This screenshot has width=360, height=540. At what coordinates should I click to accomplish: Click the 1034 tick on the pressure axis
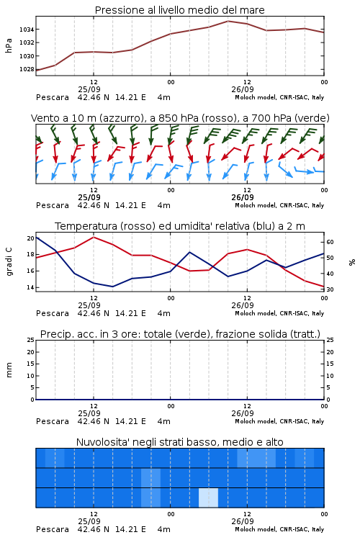[27, 30]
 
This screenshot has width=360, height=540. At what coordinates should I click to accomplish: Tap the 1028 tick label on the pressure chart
[27, 69]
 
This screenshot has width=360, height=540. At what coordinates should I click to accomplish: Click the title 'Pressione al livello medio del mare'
[180, 10]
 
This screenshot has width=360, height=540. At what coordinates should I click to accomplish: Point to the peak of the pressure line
[228, 21]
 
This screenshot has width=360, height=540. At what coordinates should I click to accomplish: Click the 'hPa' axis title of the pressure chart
[9, 46]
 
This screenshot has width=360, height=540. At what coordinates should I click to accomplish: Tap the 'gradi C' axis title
[9, 262]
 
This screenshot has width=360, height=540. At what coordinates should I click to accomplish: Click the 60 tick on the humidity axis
[330, 242]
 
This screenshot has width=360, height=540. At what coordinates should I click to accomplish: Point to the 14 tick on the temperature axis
[31, 287]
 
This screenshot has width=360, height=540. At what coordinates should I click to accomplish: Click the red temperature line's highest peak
[94, 237]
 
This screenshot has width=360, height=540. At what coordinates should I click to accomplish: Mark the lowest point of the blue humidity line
[112, 287]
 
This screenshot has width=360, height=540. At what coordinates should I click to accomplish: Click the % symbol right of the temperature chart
[352, 262]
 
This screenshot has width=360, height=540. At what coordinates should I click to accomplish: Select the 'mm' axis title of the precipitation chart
[9, 370]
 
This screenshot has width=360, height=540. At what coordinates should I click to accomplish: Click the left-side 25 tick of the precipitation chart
[31, 340]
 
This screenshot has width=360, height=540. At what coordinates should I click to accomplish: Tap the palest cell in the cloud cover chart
[208, 498]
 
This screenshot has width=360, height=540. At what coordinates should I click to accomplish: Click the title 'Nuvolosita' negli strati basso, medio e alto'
[180, 442]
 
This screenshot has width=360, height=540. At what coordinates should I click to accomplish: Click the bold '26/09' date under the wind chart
[243, 198]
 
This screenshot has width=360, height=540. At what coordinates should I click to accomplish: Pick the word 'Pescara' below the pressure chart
[53, 97]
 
